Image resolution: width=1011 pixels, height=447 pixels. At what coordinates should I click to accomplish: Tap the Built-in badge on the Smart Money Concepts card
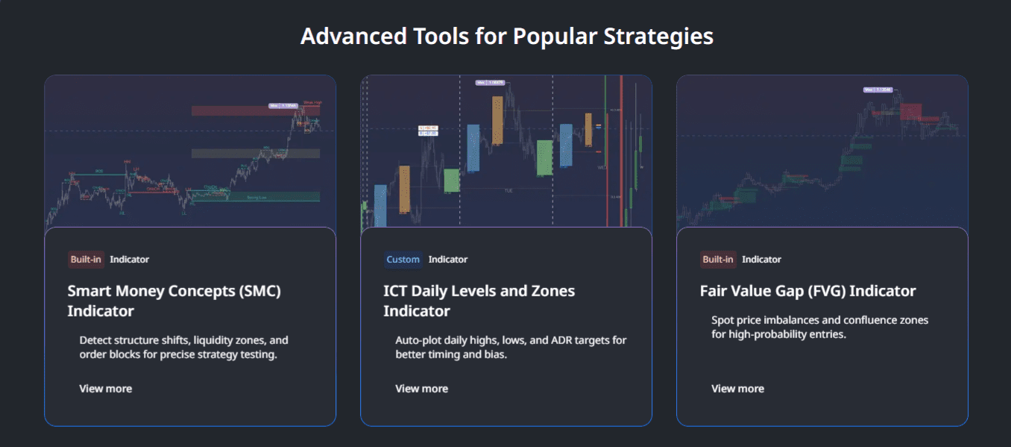click(86, 260)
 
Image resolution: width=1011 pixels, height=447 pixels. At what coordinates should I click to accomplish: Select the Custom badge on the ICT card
click(403, 260)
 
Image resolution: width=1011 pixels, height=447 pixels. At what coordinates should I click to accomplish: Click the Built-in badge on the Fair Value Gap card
click(718, 260)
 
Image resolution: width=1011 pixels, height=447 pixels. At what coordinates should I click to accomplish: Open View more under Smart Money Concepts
click(106, 389)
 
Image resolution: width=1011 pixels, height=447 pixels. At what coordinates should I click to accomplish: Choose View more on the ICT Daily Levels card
click(422, 389)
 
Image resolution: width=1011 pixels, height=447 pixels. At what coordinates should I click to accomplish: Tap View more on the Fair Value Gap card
click(738, 389)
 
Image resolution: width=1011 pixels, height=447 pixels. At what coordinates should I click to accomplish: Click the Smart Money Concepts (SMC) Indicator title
click(174, 301)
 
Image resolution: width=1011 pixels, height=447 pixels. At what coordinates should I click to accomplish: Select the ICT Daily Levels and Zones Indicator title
click(479, 301)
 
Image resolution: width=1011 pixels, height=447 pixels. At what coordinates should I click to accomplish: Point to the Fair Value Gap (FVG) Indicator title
click(807, 291)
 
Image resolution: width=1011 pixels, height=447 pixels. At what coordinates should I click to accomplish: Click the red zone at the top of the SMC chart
click(239, 110)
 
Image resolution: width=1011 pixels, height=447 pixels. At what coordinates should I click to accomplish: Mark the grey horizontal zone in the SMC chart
click(255, 153)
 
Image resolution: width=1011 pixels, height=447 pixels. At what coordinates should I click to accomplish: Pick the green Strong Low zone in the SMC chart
click(255, 196)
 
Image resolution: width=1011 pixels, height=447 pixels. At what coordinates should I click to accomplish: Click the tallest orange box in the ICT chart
click(497, 121)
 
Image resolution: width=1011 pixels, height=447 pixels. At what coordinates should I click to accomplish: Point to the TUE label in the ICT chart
click(508, 191)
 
